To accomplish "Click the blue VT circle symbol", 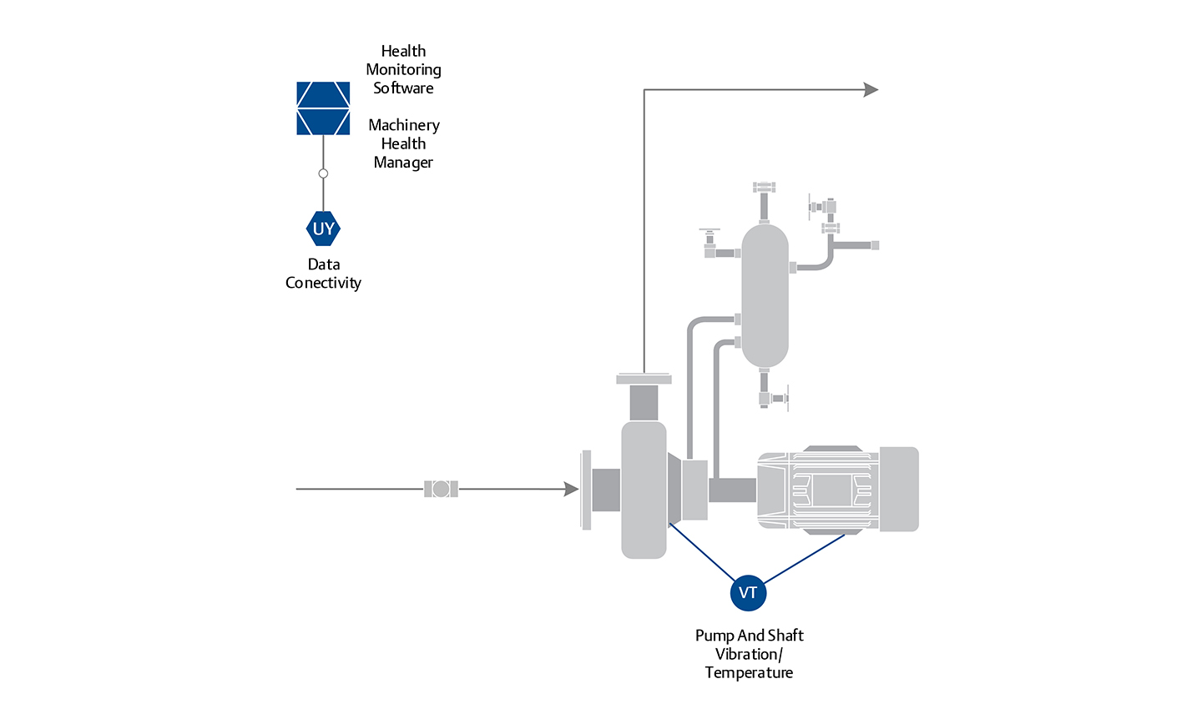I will (x=748, y=592).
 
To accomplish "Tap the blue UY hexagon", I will (x=323, y=229).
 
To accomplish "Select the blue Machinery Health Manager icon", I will (x=323, y=108).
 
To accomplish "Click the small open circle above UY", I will (x=323, y=173).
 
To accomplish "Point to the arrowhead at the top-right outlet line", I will (x=871, y=89).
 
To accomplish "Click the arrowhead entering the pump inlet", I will (x=571, y=489).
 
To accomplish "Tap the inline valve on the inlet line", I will (x=441, y=489).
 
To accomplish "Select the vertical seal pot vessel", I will (x=765, y=295).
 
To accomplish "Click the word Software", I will (x=403, y=88).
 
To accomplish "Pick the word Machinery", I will (x=404, y=125).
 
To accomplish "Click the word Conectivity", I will (x=323, y=283).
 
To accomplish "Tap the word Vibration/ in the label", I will (x=749, y=654).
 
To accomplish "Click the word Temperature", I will (x=749, y=672).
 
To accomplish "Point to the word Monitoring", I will (x=403, y=70).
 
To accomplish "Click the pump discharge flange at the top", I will (x=644, y=379).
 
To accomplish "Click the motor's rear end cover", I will (x=898, y=489).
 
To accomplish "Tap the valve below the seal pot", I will (x=774, y=399).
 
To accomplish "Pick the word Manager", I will (x=403, y=163).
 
